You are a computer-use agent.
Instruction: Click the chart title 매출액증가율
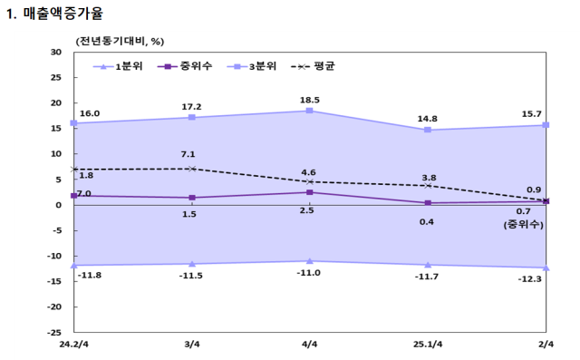(62, 14)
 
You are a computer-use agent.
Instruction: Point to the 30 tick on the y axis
(55, 53)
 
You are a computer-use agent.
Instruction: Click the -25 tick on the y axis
(53, 332)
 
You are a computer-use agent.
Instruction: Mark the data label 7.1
(188, 154)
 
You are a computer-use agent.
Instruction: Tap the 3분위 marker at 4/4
(309, 111)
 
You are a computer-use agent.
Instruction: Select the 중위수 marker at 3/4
(191, 198)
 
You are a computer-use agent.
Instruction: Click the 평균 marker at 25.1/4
(428, 186)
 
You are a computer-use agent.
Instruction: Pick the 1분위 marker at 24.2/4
(73, 265)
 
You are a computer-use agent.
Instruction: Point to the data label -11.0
(309, 273)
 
